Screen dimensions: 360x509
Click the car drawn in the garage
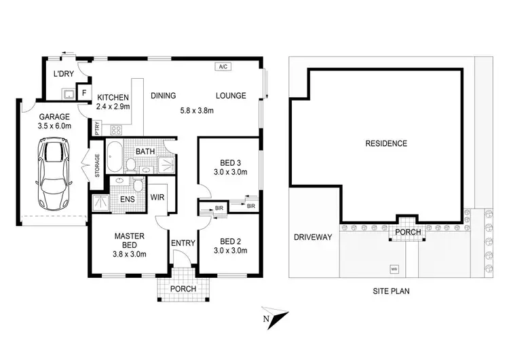pos(52,174)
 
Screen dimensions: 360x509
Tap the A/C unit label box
pos(223,67)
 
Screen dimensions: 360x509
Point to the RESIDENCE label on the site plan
pos(386,143)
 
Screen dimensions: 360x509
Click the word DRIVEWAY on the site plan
pos(313,237)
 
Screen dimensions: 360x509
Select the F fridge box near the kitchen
pos(84,92)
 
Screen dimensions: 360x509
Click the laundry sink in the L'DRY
pos(68,92)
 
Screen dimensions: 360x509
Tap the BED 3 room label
pos(228,162)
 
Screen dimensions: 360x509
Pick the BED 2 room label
pos(228,240)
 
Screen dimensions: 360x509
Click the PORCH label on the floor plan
pos(183,289)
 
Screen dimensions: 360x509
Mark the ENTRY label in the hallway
pos(183,243)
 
